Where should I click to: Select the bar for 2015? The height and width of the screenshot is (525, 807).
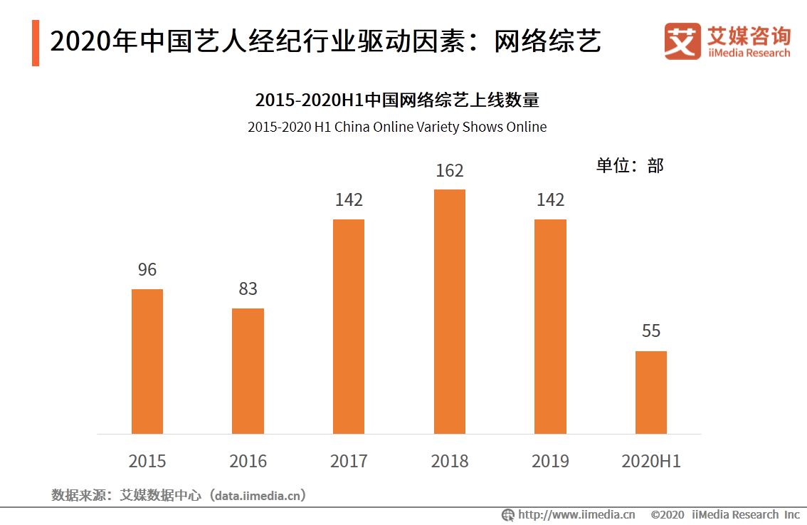(147, 361)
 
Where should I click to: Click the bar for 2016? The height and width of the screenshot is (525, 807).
(248, 370)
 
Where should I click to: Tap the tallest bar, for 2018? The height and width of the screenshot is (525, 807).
(450, 311)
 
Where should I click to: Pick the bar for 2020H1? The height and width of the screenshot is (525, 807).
(651, 392)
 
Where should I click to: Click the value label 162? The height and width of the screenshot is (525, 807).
(450, 171)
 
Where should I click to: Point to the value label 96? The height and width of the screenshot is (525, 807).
(147, 270)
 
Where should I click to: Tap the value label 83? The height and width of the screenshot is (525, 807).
(248, 289)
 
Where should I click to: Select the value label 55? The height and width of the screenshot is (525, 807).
(651, 331)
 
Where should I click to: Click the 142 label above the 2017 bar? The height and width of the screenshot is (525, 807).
(349, 200)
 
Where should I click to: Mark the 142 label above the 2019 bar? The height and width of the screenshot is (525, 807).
(550, 200)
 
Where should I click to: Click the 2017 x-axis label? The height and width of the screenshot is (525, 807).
(349, 462)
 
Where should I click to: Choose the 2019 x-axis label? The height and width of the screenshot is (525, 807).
(550, 462)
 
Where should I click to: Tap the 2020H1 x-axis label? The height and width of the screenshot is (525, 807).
(651, 462)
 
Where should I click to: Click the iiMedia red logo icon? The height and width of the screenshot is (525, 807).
(682, 41)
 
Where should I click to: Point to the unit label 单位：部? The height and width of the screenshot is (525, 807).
(630, 166)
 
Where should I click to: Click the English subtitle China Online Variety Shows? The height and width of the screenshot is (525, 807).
(397, 128)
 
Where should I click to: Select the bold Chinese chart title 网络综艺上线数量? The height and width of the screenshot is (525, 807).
(397, 100)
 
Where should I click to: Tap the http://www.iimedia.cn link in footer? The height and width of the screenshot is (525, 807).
(576, 514)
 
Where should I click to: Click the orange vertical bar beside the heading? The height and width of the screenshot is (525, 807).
(36, 43)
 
